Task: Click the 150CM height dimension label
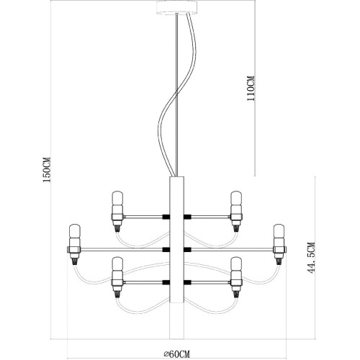pyautogui.click(x=47, y=170)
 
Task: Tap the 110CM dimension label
pyautogui.click(x=251, y=89)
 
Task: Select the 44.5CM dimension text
pyautogui.click(x=311, y=258)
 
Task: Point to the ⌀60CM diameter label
pyautogui.click(x=177, y=354)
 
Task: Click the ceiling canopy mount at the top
pyautogui.click(x=178, y=7)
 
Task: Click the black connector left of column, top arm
pyautogui.click(x=166, y=217)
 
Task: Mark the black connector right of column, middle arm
pyautogui.click(x=187, y=250)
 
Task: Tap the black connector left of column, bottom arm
pyautogui.click(x=166, y=283)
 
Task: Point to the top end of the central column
pyautogui.click(x=177, y=177)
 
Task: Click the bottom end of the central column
pyautogui.click(x=177, y=338)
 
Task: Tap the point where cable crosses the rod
pyautogui.click(x=177, y=92)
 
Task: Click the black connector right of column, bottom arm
pyautogui.click(x=187, y=283)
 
